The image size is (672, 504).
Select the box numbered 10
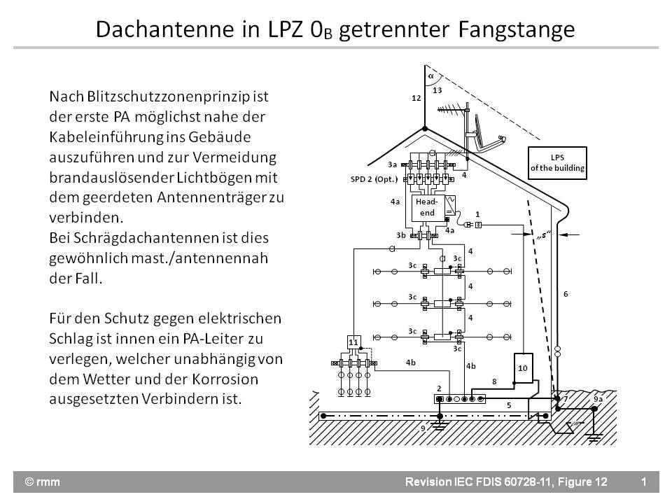[x=522, y=367]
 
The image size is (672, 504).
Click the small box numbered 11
[x=353, y=342]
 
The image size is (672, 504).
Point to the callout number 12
[x=416, y=99]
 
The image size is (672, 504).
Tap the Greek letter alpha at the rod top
[x=431, y=74]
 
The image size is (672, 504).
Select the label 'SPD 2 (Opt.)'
[x=374, y=179]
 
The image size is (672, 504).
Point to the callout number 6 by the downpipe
[x=566, y=294]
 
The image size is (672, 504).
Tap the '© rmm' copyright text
[x=41, y=482]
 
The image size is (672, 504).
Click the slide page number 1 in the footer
[x=643, y=482]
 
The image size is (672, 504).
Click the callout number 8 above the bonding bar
[x=494, y=381]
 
